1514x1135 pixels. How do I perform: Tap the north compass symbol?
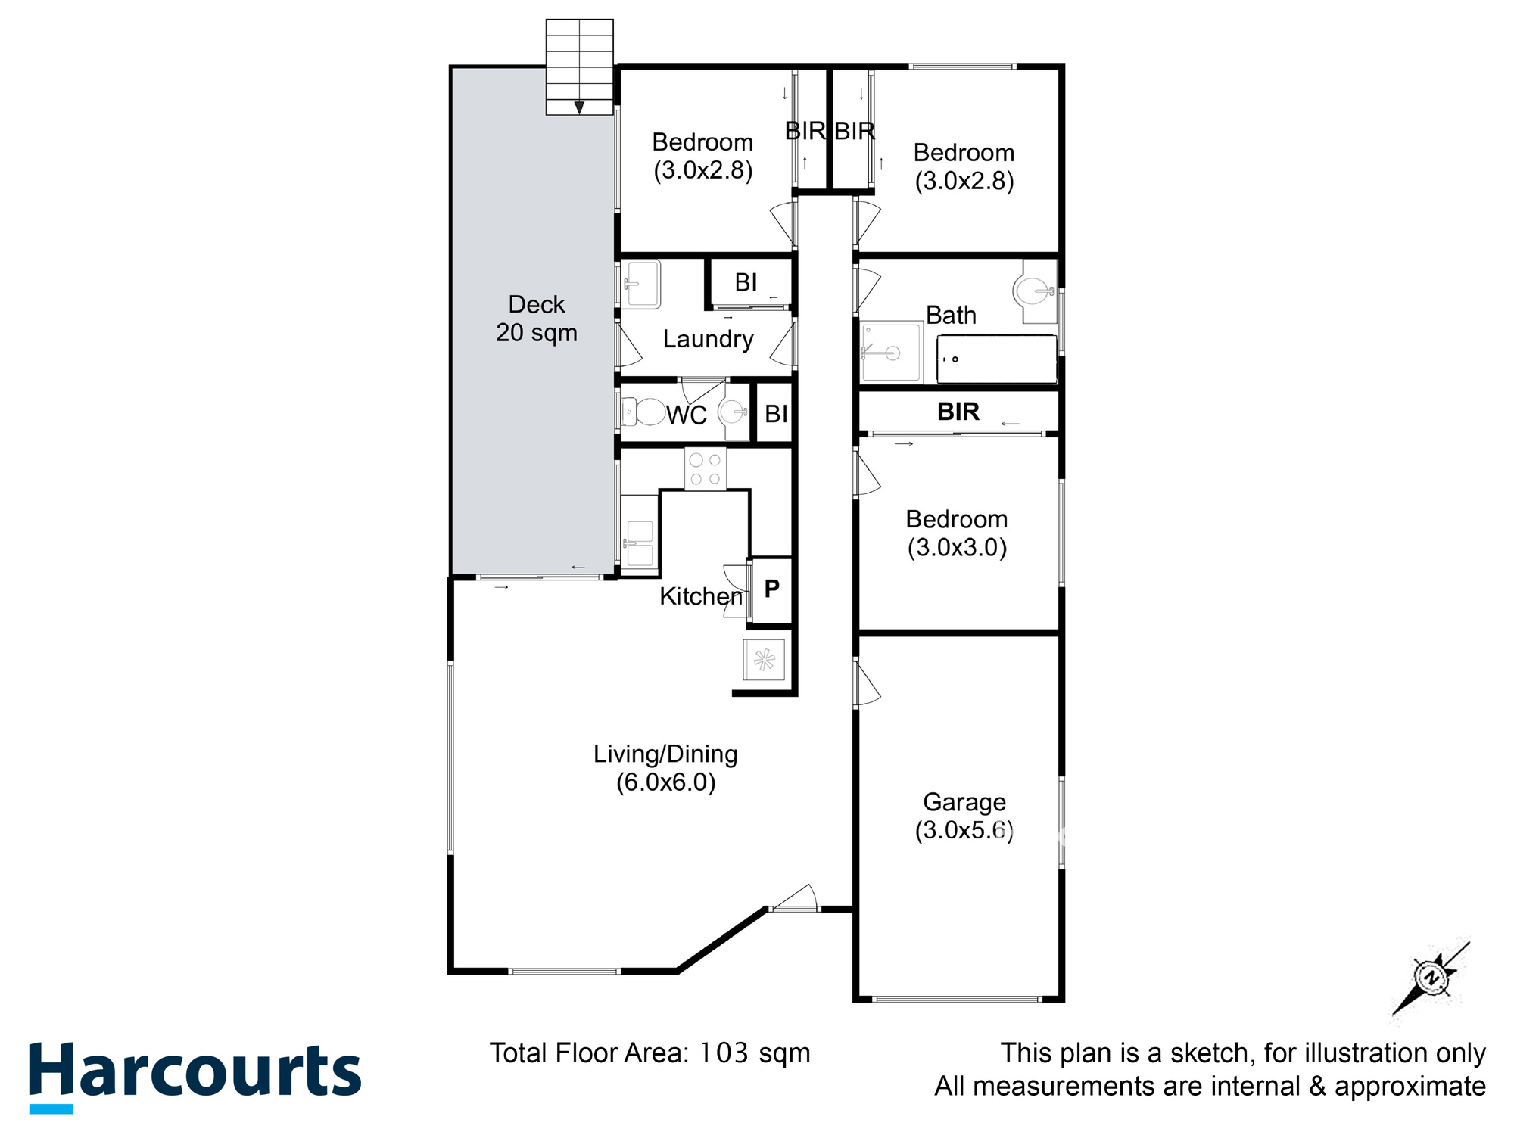(1431, 978)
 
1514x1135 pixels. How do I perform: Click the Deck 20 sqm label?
(536, 319)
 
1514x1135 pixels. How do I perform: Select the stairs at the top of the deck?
(579, 67)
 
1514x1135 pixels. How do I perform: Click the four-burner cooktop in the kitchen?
(705, 469)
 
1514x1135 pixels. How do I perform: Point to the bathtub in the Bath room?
(996, 359)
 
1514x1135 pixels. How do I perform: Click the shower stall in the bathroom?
(891, 353)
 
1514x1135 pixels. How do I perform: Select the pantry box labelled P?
(771, 589)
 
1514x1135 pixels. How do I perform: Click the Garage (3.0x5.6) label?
(964, 816)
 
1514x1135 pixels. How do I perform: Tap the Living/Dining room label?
(665, 767)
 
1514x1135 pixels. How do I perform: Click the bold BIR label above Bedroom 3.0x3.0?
(958, 412)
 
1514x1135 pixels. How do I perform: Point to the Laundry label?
(708, 339)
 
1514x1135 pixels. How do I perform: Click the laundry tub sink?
(641, 284)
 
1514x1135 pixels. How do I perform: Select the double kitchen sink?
(639, 543)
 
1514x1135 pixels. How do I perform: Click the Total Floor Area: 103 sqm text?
(650, 1053)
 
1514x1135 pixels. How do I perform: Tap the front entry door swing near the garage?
(795, 898)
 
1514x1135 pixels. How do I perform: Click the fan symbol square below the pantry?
(764, 660)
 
